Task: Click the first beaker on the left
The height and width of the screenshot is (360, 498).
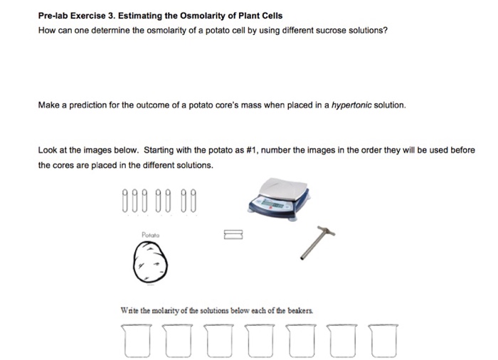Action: coord(135,339)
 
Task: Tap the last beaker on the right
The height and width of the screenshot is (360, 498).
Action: coord(381,339)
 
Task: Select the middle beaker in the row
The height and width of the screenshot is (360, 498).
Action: coord(258,339)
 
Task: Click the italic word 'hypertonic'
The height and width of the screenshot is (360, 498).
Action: coord(354,105)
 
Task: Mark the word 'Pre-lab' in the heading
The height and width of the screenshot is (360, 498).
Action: coord(55,16)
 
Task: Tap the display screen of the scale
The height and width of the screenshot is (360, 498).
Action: coord(273,204)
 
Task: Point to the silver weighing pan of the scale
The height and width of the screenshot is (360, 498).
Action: coord(278,187)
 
